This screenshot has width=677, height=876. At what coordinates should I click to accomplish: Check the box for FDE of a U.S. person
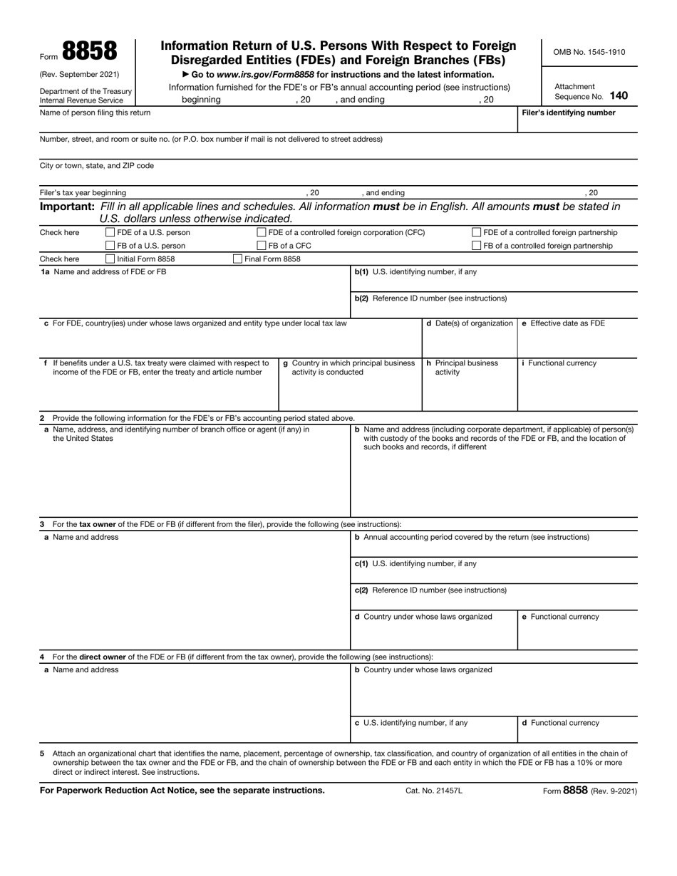point(110,232)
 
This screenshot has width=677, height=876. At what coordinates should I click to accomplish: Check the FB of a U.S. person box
point(110,246)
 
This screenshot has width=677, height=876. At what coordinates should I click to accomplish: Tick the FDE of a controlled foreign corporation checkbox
point(262,232)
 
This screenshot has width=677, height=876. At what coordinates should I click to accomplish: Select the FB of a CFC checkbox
point(262,246)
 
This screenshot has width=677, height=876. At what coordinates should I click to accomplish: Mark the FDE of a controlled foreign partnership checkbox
point(477,232)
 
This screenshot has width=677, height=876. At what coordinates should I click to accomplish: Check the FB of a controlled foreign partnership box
point(477,246)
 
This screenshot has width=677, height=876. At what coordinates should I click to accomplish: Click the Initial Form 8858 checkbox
point(110,259)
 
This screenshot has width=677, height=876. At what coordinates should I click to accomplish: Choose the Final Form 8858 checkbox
point(238,259)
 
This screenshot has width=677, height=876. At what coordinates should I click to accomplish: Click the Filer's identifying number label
point(569,113)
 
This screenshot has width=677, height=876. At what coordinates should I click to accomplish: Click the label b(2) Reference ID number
point(430,298)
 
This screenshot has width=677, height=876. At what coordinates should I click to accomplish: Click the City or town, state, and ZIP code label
point(96,166)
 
